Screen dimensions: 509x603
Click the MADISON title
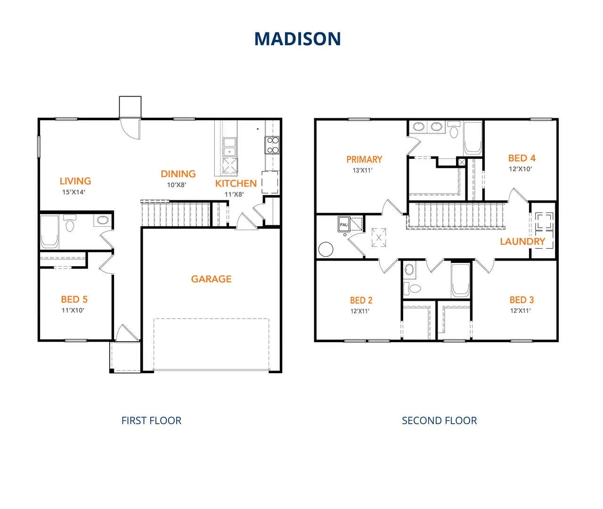coord(297,39)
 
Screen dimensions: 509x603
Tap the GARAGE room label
coord(211,279)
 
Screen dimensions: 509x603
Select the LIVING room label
coord(75,181)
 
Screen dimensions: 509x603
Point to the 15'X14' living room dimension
coord(73,192)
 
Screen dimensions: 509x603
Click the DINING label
coord(178,174)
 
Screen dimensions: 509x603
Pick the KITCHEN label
coord(236,183)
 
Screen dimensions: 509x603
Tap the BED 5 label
coord(74,299)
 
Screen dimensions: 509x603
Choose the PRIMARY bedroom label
coord(364,159)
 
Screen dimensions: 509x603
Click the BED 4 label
coord(522,158)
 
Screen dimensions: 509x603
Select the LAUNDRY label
coord(522,241)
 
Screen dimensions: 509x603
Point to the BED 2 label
coord(361,300)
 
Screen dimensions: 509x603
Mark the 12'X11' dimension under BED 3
coord(521,311)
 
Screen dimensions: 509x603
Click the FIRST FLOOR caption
coord(151,420)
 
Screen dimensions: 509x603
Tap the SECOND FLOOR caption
coord(439,420)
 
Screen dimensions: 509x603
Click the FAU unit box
coord(344,225)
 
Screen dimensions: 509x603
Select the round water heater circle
coord(326,249)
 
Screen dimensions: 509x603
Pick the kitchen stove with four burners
coord(272,145)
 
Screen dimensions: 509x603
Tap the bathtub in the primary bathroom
coord(473,138)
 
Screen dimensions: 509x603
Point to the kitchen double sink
coord(230,147)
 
